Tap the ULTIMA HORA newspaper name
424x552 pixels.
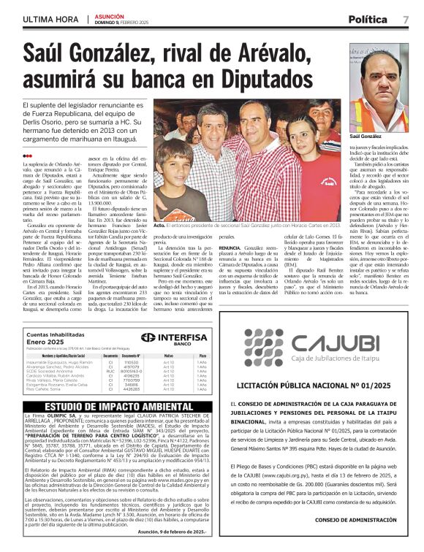tap(50, 18)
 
